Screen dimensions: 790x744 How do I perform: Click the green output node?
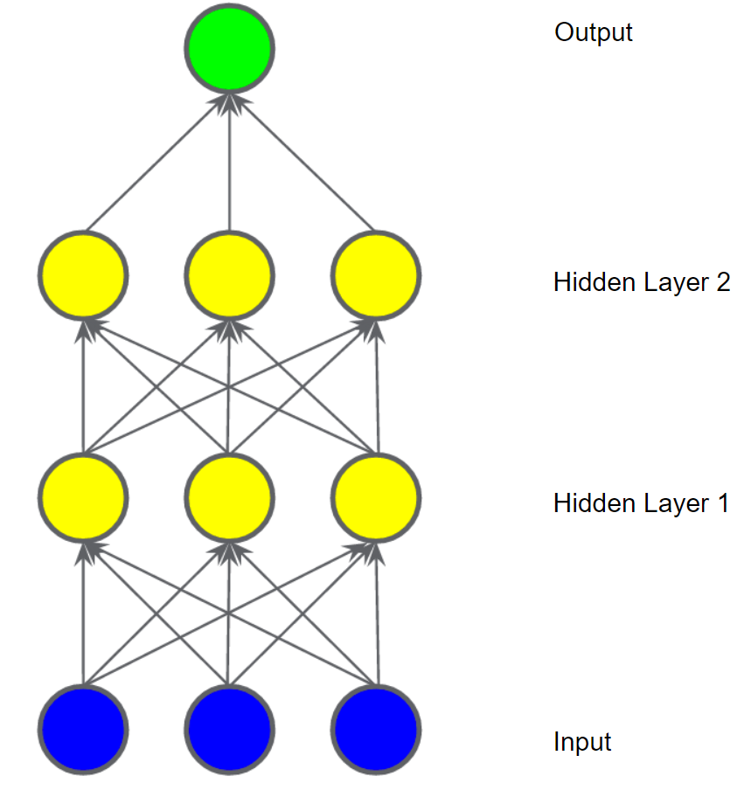[x=230, y=47]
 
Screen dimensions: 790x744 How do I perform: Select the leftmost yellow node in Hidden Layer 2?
[x=83, y=275]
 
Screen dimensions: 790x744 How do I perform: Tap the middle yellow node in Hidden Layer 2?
[x=230, y=275]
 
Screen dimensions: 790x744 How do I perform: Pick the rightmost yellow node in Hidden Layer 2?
[x=377, y=275]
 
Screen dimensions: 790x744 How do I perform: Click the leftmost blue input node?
[x=83, y=729]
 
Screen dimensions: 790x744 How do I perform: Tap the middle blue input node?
[x=230, y=729]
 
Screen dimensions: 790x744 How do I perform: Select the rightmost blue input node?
[x=377, y=729]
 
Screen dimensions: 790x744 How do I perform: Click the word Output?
[x=593, y=33]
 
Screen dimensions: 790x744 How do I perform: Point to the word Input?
[x=582, y=743]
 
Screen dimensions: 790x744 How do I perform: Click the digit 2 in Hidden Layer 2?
[x=721, y=282]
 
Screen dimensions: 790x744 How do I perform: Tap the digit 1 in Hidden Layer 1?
[x=721, y=503]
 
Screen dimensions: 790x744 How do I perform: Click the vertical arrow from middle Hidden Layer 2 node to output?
[x=230, y=166]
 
